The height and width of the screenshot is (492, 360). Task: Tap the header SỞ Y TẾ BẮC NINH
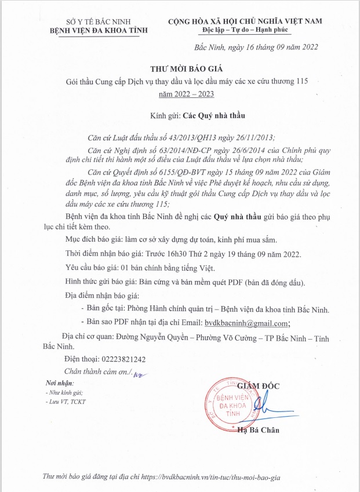click(99, 21)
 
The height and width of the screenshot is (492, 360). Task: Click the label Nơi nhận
click(60, 384)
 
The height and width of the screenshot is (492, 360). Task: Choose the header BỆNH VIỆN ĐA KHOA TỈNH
click(99, 30)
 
